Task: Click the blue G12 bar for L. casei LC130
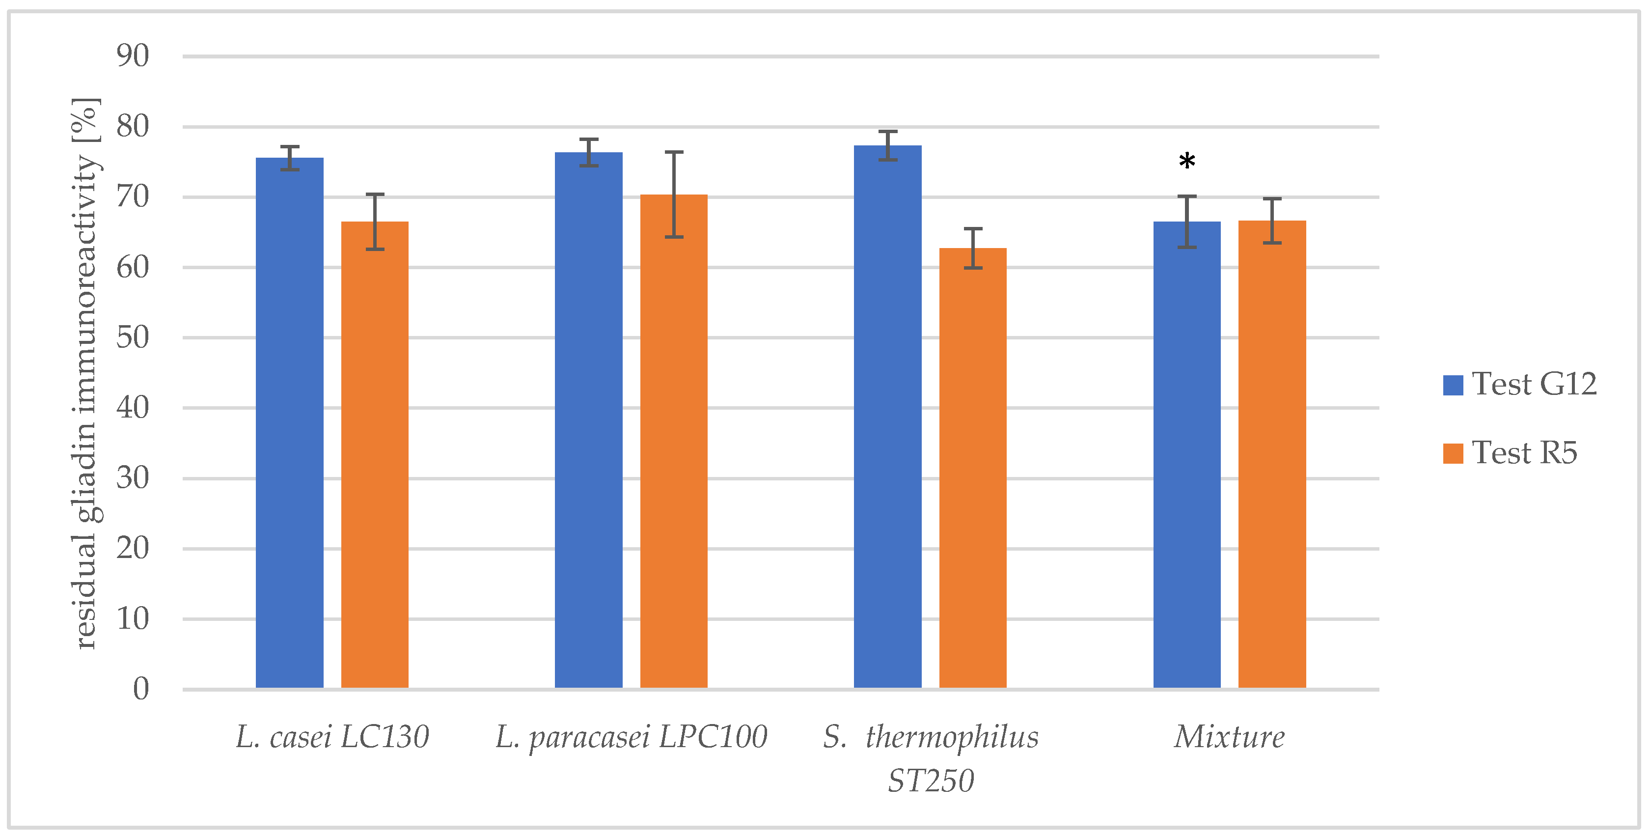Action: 290,423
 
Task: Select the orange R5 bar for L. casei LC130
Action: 375,455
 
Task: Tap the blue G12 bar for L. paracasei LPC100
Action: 588,419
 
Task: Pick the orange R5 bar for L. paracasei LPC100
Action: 674,442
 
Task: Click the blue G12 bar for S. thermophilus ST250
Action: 887,417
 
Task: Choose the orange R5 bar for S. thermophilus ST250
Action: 972,468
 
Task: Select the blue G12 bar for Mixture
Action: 1186,455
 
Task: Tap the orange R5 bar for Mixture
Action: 1271,455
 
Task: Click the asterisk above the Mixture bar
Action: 1187,162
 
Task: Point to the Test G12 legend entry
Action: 1520,385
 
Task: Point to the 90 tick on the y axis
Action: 133,56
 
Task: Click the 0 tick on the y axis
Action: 141,689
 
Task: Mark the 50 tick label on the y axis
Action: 133,337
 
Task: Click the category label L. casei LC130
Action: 332,737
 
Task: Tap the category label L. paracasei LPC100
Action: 631,737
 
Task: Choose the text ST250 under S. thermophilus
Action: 930,781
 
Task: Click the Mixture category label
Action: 1229,737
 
